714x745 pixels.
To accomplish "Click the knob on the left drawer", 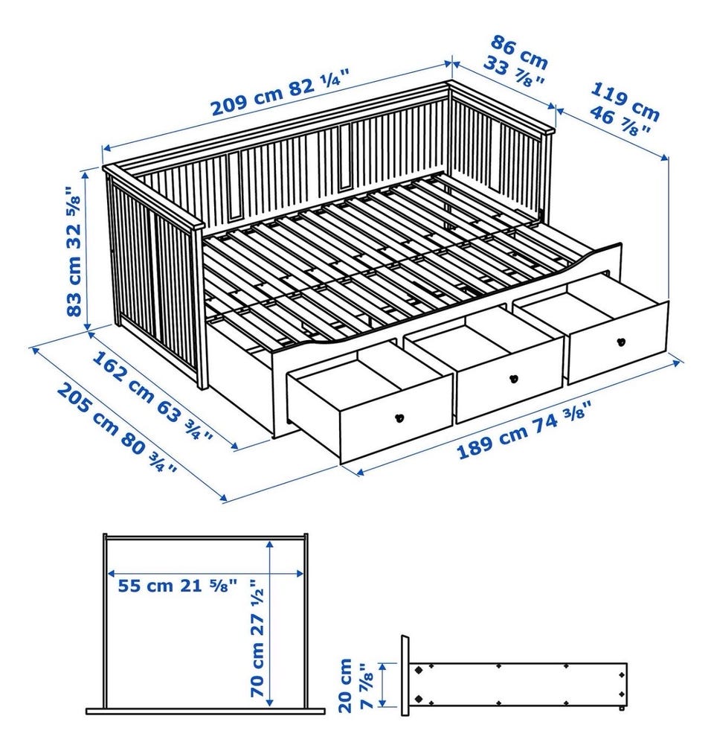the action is (399, 418).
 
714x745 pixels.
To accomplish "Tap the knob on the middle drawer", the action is (512, 379).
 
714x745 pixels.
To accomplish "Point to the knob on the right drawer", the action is (620, 342).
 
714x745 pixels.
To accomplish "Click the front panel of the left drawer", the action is (396, 418).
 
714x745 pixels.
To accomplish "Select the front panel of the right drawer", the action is (618, 342).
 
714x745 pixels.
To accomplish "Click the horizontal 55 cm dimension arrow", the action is (205, 574).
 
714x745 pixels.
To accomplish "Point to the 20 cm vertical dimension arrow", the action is (383, 685).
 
